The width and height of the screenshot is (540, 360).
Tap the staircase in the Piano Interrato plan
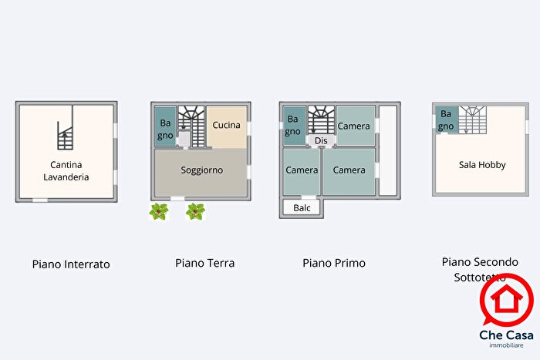66,136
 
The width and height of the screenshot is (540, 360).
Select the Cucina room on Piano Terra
227,125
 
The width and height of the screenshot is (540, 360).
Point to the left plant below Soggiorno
159,211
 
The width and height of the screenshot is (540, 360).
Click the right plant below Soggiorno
196,211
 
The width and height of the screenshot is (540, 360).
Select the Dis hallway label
322,141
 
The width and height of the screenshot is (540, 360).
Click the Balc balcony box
302,208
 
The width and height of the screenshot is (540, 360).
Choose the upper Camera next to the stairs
355,126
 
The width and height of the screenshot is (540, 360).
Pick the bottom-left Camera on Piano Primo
301,170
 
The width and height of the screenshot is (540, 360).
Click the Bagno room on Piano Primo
293,125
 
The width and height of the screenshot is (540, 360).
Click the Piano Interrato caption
71,264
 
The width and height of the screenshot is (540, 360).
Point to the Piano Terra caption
204,263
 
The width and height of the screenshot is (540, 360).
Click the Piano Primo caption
334,263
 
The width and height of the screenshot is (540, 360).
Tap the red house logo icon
507,301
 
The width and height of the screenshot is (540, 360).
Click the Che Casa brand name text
506,337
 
